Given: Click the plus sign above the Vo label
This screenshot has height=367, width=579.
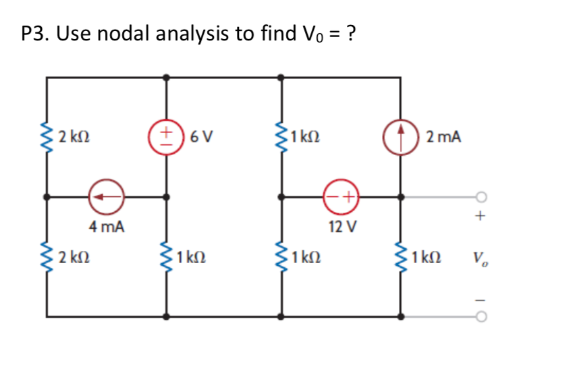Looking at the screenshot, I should tap(480, 217).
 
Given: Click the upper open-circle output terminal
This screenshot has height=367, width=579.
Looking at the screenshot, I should tap(480, 198).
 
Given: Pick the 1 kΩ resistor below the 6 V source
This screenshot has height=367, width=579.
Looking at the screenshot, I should tap(166, 258).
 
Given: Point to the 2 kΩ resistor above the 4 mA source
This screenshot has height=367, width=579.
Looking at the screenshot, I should tap(47, 138).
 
